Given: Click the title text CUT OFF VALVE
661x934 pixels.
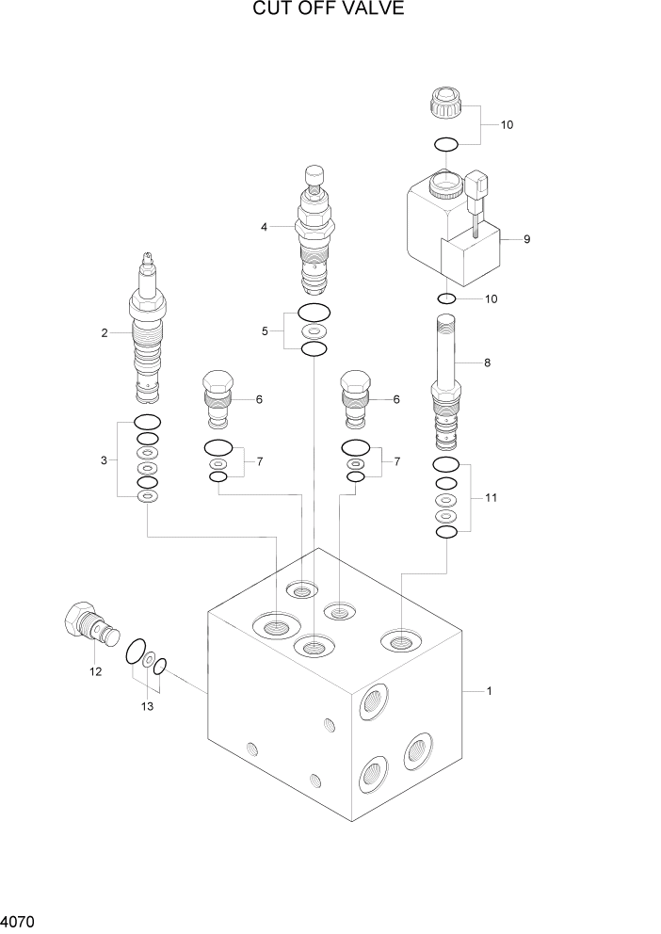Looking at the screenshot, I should coord(329,10).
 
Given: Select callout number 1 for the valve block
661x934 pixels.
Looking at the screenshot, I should coord(489,692).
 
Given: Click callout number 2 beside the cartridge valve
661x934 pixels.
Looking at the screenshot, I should coord(105,332).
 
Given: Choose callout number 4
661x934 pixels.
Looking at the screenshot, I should coord(265,227).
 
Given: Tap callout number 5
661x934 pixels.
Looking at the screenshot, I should coord(265,330).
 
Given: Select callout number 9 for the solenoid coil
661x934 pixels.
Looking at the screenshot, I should coord(526,239).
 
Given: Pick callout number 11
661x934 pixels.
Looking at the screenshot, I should coord(491,497).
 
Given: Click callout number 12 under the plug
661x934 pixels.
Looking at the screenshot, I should coord(95,671).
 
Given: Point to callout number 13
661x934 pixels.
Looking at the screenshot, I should coord(146,705).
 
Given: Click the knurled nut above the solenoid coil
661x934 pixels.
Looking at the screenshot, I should coord(446,100).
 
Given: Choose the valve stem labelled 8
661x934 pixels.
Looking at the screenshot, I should coord(445,381).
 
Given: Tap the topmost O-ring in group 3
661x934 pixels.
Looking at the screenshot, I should coord(147,422).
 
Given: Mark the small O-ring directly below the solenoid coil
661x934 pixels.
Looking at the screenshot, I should coord(447,299).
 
